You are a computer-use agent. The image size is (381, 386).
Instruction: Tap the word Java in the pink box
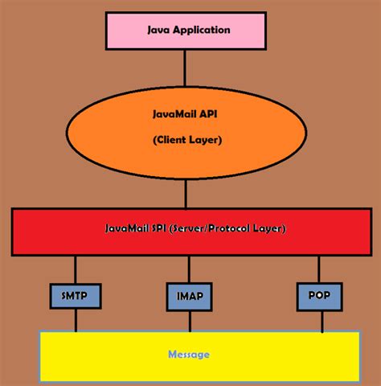[x=159, y=31]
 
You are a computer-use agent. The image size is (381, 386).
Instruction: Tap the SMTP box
[x=76, y=296]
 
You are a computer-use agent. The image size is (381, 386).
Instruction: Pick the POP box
[x=319, y=296]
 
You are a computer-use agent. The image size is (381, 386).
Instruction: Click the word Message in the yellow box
[x=189, y=354]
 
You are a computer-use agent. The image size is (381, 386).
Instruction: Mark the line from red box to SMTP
[x=76, y=269]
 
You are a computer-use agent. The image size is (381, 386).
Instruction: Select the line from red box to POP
[x=319, y=269]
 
